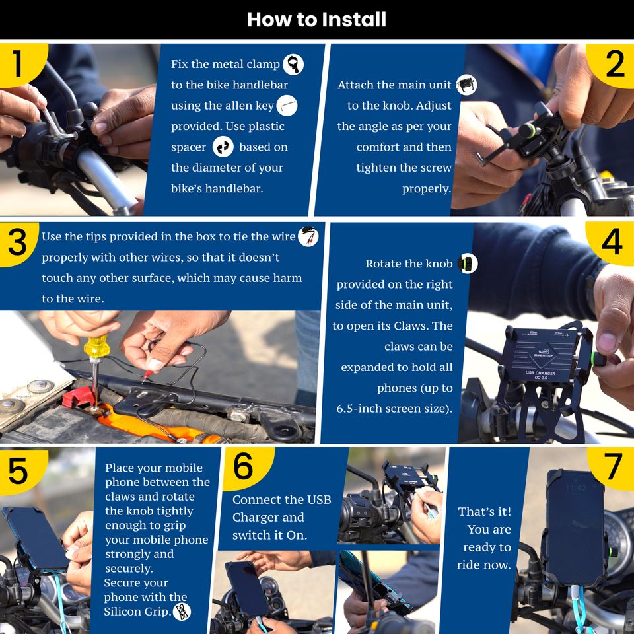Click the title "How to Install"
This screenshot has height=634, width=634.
316,19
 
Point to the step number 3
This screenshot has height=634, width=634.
17,242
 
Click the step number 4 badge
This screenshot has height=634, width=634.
612,242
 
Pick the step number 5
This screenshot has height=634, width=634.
18,470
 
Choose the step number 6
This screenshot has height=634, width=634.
244,466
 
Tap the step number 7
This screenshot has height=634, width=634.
614,466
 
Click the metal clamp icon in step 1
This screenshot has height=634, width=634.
293,64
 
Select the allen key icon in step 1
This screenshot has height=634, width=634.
287,106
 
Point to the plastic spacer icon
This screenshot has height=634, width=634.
223,147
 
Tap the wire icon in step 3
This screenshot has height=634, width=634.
308,236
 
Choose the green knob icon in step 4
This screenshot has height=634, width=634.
468,264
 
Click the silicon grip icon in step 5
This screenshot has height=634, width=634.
182,612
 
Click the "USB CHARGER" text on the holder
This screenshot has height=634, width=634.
540,372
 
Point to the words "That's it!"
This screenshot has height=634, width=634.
484,511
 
